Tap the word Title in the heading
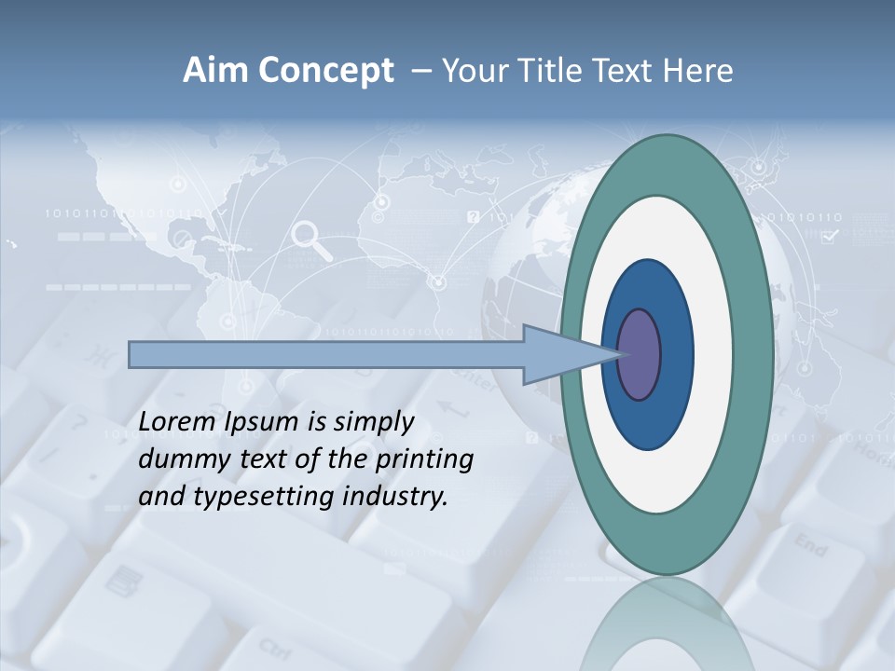pos(558,71)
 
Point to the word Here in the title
pos(697,71)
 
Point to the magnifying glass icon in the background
pos(311,240)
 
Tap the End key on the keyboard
pos(810,546)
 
